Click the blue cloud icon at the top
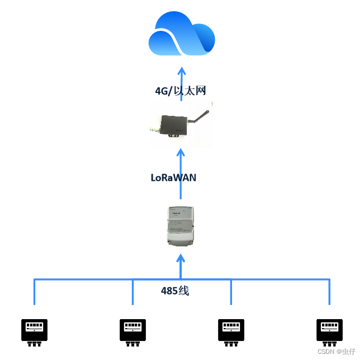click(x=182, y=35)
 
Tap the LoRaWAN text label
click(x=173, y=177)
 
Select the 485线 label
click(x=175, y=291)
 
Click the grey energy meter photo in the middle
click(x=180, y=226)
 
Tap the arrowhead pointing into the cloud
click(x=181, y=71)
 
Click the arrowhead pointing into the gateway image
click(x=181, y=152)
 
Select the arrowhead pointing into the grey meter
click(x=181, y=258)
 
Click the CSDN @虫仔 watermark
click(x=336, y=352)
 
